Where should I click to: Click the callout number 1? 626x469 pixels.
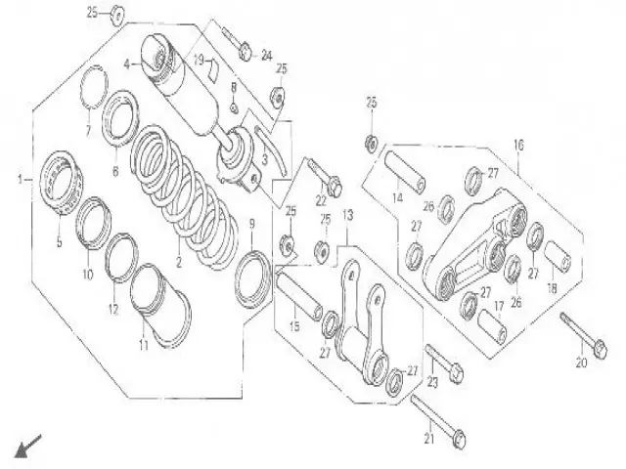click(19, 180)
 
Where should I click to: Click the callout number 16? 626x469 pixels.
click(517, 145)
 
